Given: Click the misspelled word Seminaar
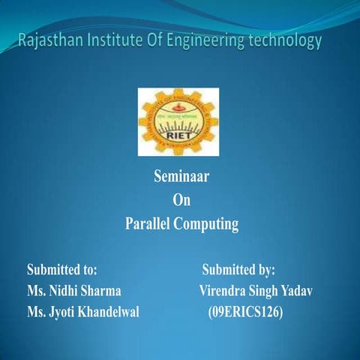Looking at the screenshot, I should click(x=181, y=178).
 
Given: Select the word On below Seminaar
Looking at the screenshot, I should click(x=181, y=200).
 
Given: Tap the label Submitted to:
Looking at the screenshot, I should click(x=62, y=268).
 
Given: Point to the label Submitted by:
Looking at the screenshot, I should click(x=238, y=268).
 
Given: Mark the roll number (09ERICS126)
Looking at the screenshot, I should click(x=245, y=311).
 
